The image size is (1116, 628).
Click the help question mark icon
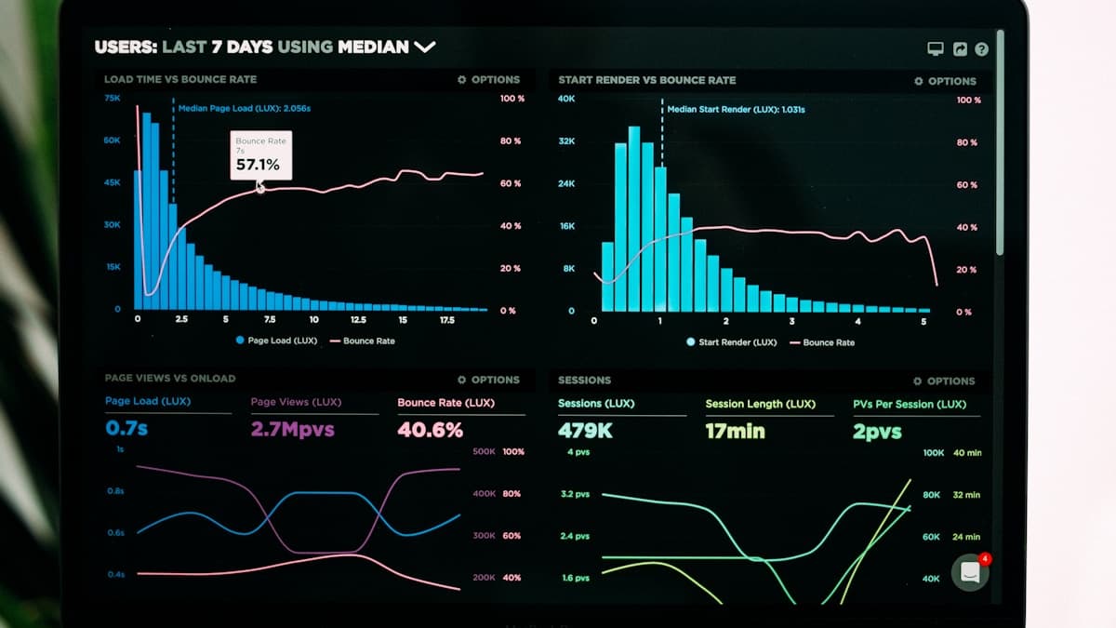[981, 48]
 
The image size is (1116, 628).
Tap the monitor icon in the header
[936, 48]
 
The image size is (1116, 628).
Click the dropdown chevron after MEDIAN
[425, 47]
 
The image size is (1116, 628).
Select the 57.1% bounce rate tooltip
[261, 155]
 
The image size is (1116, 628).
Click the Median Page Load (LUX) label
[244, 108]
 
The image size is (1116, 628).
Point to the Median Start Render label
[736, 109]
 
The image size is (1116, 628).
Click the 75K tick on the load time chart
[113, 99]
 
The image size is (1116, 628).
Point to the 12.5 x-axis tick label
[358, 319]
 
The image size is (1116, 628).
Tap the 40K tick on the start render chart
[566, 99]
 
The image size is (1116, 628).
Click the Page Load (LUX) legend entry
[276, 341]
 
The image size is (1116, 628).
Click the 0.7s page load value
[126, 428]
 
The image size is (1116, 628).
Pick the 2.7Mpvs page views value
[292, 429]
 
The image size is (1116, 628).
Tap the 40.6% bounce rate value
[431, 430]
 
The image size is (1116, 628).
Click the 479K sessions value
[585, 431]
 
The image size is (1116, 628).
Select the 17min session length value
[736, 431]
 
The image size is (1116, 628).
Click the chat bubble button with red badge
[970, 572]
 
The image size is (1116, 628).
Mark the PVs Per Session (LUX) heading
[910, 404]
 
